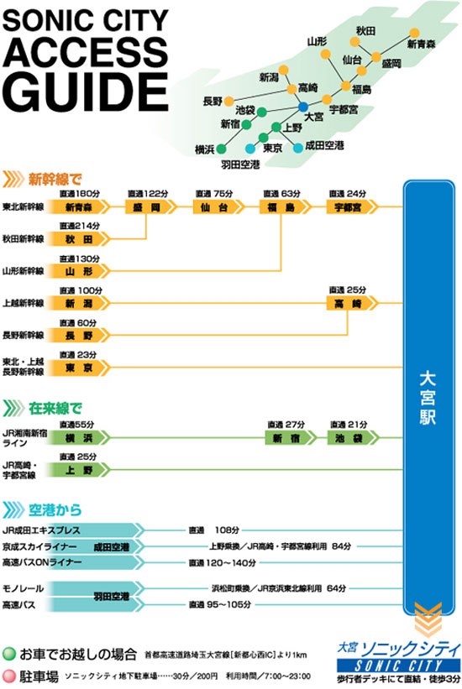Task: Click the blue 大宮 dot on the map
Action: [x=303, y=107]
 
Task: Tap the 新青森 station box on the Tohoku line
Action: [x=78, y=207]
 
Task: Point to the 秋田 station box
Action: [x=78, y=239]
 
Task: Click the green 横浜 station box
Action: [x=78, y=438]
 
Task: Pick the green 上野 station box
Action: [x=78, y=470]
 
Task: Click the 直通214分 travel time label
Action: [x=80, y=226]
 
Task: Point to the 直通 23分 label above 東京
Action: [x=78, y=355]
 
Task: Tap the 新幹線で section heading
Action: [x=55, y=180]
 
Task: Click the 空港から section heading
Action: [x=55, y=510]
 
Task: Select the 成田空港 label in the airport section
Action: [x=112, y=547]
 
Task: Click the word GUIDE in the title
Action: [x=87, y=91]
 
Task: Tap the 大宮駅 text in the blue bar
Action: [x=428, y=397]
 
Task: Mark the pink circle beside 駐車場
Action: [x=8, y=676]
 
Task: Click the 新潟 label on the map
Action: [x=269, y=78]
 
